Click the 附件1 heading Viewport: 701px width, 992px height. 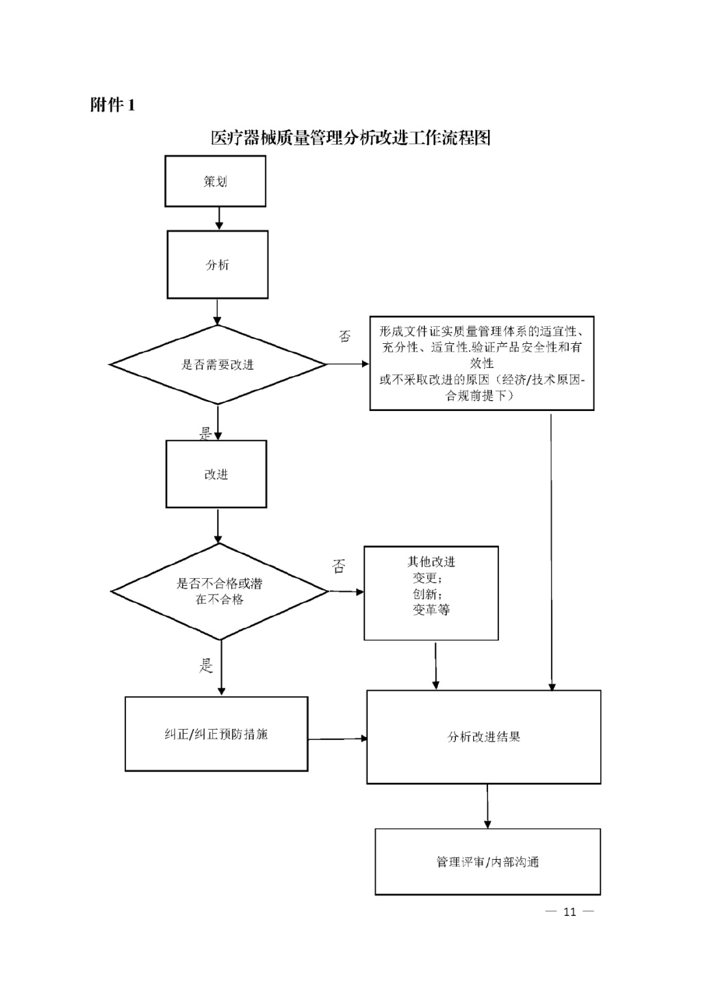pyautogui.click(x=113, y=105)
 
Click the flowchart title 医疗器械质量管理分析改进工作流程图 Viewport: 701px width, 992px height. pyautogui.click(x=350, y=138)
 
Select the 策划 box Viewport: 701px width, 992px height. pyautogui.click(x=215, y=182)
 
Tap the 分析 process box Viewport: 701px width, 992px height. pyautogui.click(x=218, y=265)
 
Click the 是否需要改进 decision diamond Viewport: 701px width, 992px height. pyautogui.click(x=218, y=365)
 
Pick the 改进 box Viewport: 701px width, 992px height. pyautogui.click(x=216, y=474)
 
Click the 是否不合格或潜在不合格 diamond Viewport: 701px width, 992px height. pyautogui.click(x=220, y=591)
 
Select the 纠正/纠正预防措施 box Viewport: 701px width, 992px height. pyautogui.click(x=216, y=734)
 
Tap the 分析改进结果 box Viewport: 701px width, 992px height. pyautogui.click(x=484, y=737)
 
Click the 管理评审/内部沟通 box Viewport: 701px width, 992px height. pyautogui.click(x=487, y=862)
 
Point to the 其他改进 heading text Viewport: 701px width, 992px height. pyautogui.click(x=431, y=562)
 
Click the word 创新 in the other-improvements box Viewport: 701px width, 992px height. pyautogui.click(x=426, y=594)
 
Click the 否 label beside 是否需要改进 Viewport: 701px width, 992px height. pyautogui.click(x=345, y=336)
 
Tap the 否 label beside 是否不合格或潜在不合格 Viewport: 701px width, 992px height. pyautogui.click(x=339, y=567)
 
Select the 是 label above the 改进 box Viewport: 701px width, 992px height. pyautogui.click(x=205, y=433)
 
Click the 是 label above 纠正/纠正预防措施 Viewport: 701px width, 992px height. pyautogui.click(x=206, y=665)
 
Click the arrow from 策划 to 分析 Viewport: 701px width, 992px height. pyautogui.click(x=219, y=219)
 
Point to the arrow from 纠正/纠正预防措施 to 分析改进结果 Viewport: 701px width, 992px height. pyautogui.click(x=337, y=739)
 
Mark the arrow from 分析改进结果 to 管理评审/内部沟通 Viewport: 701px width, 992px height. pyautogui.click(x=487, y=806)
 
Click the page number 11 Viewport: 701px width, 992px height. pyautogui.click(x=570, y=912)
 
